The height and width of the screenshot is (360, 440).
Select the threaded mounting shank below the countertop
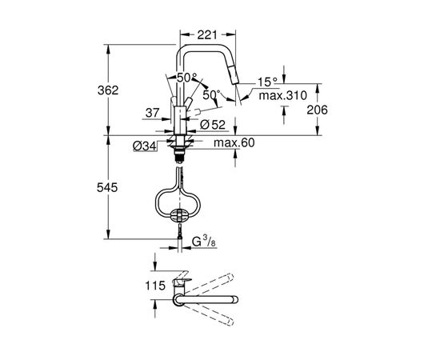click(180, 147)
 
